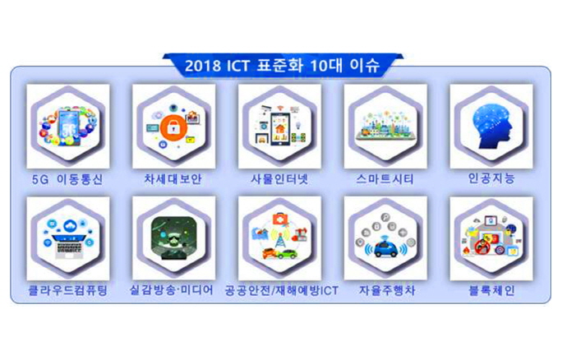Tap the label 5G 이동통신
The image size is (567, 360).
(68, 178)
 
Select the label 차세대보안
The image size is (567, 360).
(173, 178)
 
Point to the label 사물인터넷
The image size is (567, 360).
(279, 178)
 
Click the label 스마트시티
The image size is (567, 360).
(385, 178)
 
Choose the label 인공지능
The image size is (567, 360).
(491, 178)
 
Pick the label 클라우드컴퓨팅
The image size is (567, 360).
(67, 289)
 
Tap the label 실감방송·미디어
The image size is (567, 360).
(173, 289)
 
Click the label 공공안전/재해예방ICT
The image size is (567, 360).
(280, 289)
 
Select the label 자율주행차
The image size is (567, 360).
(385, 289)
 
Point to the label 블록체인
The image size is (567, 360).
(491, 289)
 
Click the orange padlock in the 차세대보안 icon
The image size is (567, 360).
(173, 127)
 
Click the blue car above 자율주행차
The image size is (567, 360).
(385, 246)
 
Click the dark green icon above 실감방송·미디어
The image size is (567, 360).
(173, 238)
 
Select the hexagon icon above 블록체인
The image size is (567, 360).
(491, 238)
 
